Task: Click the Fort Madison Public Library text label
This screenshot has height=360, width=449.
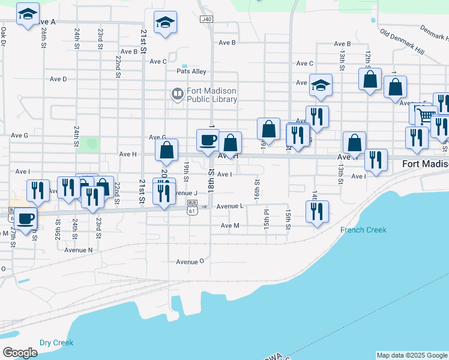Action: (211, 95)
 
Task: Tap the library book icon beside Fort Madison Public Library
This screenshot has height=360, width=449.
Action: (177, 94)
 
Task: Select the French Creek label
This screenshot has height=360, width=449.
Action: (363, 230)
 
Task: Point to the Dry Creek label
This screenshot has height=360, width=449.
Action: (56, 343)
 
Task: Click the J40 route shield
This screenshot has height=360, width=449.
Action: (206, 19)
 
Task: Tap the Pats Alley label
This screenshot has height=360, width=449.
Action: (191, 71)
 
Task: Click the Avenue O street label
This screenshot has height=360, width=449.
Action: (190, 262)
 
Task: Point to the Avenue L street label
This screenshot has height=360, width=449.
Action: (230, 206)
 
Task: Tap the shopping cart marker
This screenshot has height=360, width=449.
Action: (426, 114)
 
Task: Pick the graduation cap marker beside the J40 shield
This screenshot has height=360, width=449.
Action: (164, 23)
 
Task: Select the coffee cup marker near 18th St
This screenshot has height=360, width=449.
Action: (208, 140)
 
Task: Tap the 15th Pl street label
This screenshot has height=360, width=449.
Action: (266, 220)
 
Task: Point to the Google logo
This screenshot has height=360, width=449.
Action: (20, 353)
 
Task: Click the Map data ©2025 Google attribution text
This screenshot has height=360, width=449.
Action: (411, 355)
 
